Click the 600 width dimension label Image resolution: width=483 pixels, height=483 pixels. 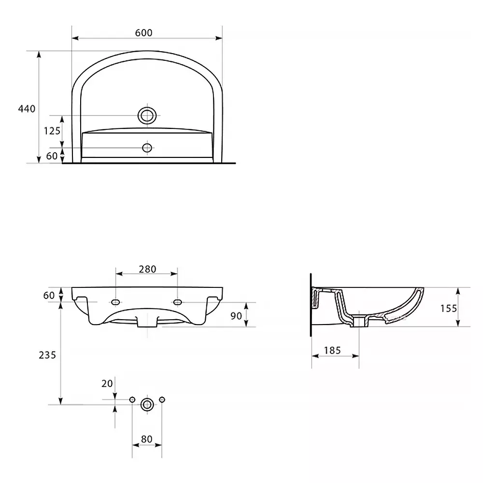143,33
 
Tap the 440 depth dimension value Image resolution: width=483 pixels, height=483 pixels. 27,109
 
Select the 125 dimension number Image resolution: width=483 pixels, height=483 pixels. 52,131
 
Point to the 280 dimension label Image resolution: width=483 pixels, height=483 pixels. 147,269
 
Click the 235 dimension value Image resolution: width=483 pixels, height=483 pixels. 47,355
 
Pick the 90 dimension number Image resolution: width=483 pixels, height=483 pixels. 236,316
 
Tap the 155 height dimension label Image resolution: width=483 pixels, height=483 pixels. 449,308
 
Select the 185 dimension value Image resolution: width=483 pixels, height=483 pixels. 332,351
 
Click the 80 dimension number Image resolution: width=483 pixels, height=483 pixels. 147,439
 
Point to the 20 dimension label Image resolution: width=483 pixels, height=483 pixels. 107,384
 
